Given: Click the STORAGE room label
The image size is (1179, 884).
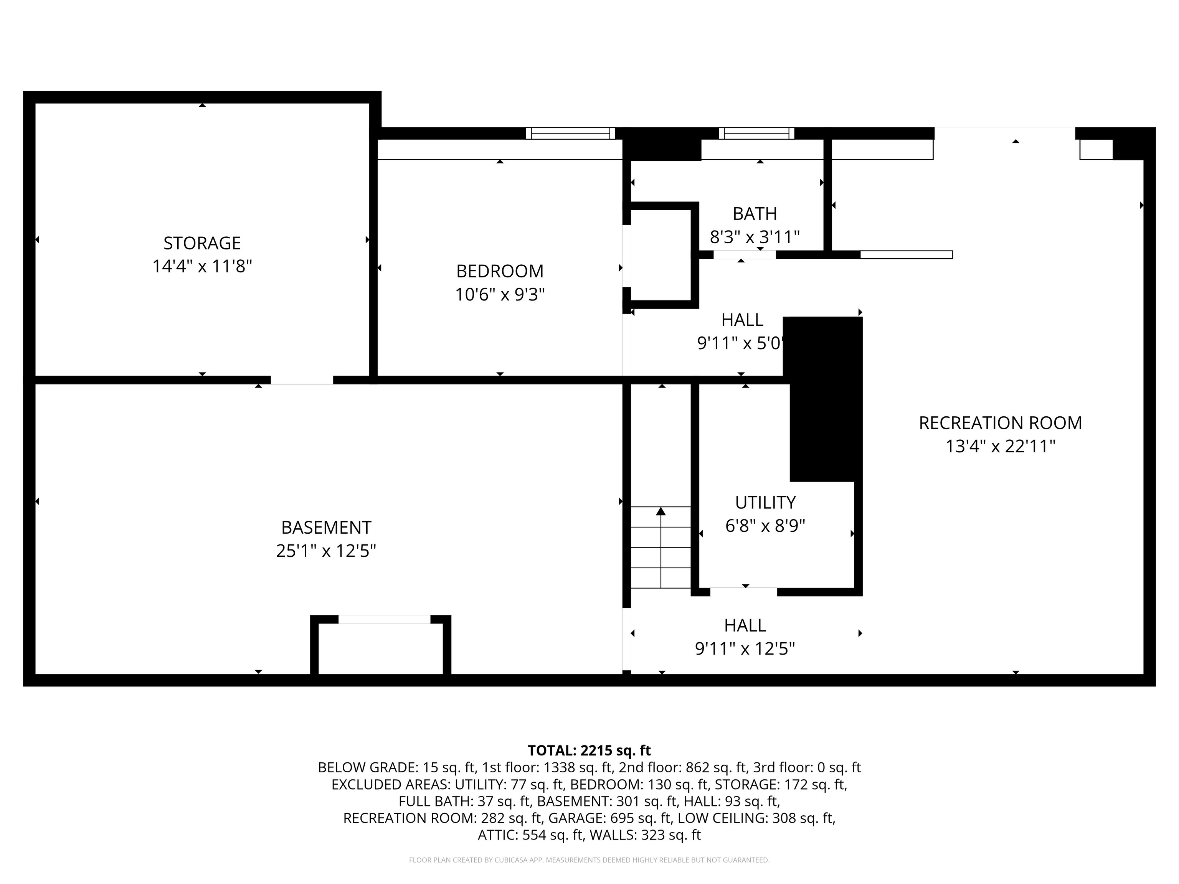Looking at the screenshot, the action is (x=202, y=243).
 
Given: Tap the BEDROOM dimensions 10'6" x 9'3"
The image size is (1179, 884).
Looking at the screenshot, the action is (x=500, y=294).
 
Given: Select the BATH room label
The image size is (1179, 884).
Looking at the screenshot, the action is (x=755, y=214).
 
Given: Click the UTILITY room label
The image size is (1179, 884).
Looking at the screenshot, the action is (x=765, y=503).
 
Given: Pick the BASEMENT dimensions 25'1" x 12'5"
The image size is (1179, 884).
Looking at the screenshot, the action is (x=326, y=551).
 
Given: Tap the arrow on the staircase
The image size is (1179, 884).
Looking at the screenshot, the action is (x=661, y=547).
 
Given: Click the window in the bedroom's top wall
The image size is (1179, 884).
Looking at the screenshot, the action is (x=570, y=133).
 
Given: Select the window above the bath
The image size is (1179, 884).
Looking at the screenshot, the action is (x=756, y=133).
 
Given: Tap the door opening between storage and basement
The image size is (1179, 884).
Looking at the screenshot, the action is (x=302, y=380).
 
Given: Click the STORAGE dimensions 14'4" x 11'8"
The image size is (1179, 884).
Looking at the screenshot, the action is (x=202, y=266).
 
